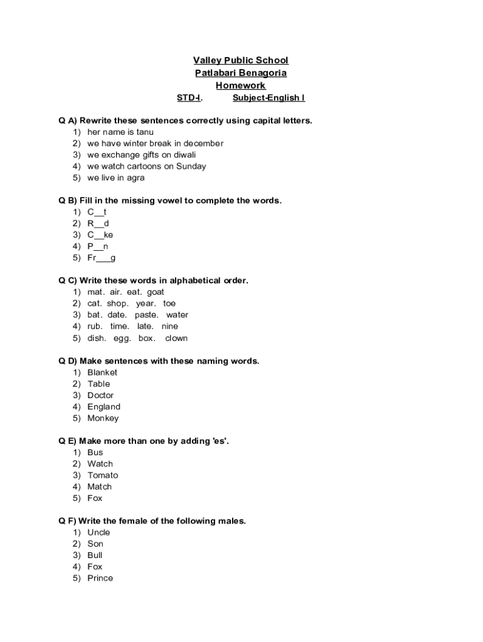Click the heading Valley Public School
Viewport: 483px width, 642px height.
[x=241, y=60]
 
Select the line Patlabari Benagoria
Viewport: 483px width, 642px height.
[x=241, y=73]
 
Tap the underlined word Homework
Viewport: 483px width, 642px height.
[x=241, y=85]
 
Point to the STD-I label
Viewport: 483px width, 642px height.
[x=190, y=98]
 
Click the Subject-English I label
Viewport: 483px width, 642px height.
[x=268, y=98]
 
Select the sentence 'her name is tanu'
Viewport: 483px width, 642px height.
[x=120, y=132]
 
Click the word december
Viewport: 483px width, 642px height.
[x=203, y=143]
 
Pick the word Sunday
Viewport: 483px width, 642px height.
[x=191, y=166]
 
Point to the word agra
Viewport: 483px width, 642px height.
[x=135, y=177]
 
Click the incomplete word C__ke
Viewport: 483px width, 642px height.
[x=100, y=234]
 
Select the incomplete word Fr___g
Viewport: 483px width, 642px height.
[x=102, y=258]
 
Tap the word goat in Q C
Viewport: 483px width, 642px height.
[x=156, y=292]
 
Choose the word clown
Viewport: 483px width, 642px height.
[x=176, y=338]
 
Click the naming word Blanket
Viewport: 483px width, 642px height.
[x=102, y=372]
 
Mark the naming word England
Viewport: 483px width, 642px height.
[x=104, y=406]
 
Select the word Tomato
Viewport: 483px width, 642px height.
[x=103, y=475]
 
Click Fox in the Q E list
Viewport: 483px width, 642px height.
[x=95, y=498]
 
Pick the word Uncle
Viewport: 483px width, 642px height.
[x=98, y=532]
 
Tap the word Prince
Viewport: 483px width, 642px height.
[x=100, y=578]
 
